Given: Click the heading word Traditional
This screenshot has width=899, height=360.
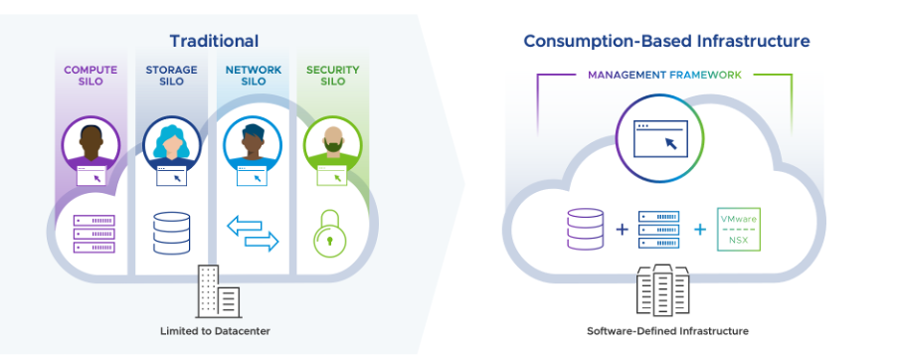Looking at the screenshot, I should point(214,41).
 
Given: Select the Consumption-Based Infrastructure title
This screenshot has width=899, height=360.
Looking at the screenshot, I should point(666,41).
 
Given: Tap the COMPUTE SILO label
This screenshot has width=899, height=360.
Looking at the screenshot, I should point(90,77).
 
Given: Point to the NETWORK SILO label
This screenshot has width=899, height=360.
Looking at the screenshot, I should point(253,77).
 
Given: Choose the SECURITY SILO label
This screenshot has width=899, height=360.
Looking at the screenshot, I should point(332,77).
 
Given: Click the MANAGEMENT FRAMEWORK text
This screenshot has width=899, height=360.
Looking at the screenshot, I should point(664,75).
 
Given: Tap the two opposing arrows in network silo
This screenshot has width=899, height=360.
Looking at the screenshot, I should point(254,233).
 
